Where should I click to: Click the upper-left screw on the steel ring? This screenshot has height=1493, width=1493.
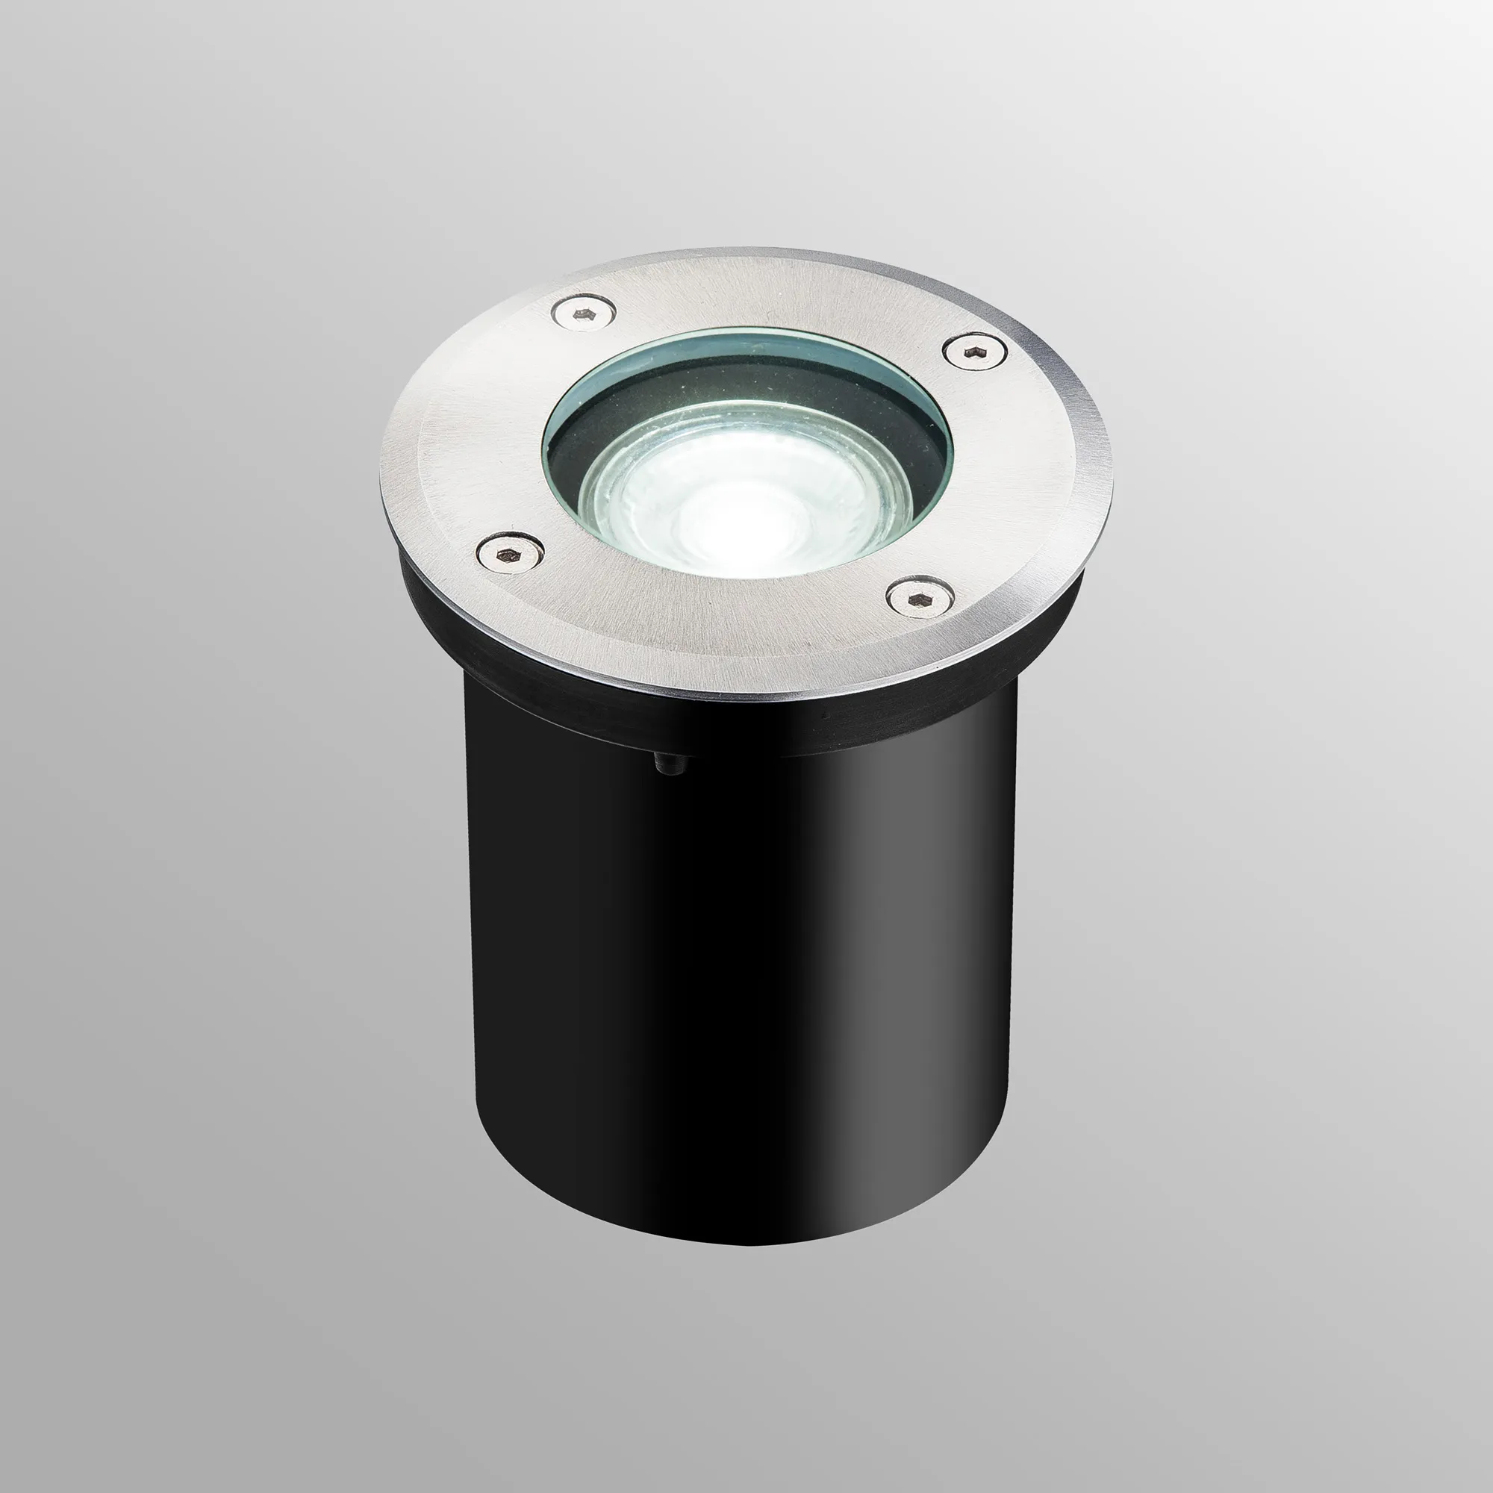click(x=585, y=314)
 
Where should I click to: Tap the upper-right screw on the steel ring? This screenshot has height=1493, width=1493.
click(x=975, y=351)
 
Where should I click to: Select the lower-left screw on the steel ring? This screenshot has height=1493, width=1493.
click(x=509, y=553)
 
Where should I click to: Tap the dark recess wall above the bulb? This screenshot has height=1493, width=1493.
click(x=742, y=387)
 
